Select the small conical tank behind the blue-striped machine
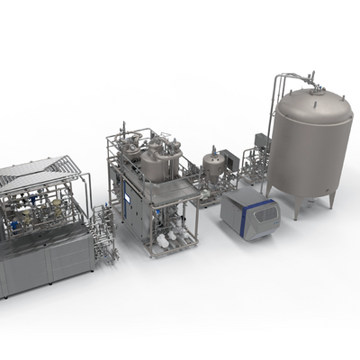click(214, 166)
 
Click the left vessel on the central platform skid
click(131, 162)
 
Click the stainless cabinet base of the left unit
click(45, 261)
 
